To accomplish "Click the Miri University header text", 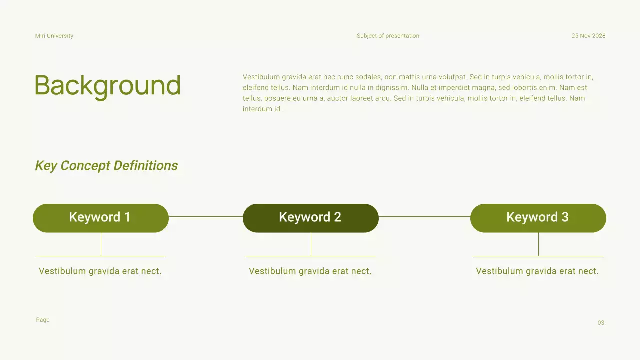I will point(54,36).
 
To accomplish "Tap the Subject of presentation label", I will point(388,36).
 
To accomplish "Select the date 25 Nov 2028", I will point(588,36).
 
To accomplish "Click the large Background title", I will point(107,86).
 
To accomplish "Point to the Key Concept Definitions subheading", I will point(106,166).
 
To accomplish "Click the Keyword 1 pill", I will point(100,218).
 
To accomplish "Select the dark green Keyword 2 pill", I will point(310,218).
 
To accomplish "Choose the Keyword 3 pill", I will point(538,218).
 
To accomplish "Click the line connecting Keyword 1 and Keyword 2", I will point(206,217).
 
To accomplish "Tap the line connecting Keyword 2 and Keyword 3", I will point(424,217).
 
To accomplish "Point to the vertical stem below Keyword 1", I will point(101,244).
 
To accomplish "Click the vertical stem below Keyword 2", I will point(311,244).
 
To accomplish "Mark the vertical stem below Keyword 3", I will point(538,244).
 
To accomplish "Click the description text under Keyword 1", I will point(100,271).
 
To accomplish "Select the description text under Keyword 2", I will point(310,271).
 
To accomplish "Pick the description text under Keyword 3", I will point(537,271).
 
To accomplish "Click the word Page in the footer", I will point(43,320).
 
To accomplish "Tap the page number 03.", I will point(601,323).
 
